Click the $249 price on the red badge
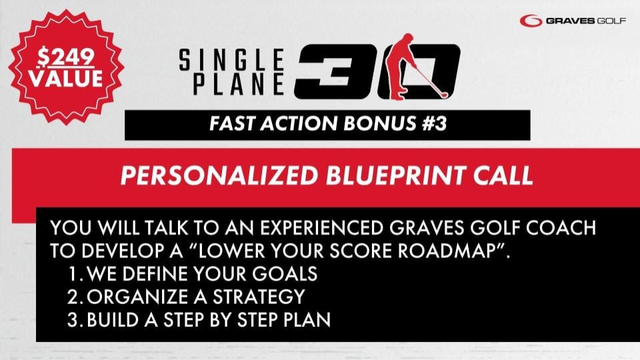coord(66,57)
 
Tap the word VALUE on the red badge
coord(66,79)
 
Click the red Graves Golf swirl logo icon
coord(531,21)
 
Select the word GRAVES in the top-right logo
coord(570,21)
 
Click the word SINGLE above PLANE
coord(231,59)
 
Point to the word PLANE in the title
coord(239,84)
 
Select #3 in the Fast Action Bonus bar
coord(434,123)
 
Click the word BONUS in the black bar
coord(379,123)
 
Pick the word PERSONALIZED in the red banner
coord(219,175)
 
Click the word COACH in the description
coord(561,228)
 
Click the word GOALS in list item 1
coord(285,273)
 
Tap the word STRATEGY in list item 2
coord(259,296)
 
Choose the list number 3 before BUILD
coord(73,319)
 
